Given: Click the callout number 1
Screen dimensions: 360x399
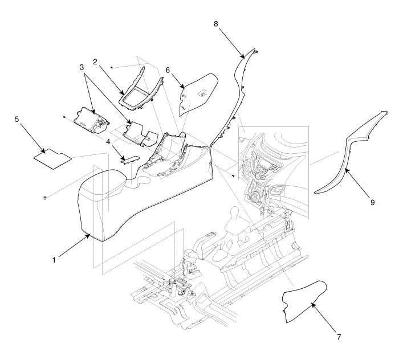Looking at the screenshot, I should click(54, 260).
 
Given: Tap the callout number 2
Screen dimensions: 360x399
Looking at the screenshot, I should click(96, 60).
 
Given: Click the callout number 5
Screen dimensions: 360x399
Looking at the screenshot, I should click(17, 120).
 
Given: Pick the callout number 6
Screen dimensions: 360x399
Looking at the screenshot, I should click(168, 69).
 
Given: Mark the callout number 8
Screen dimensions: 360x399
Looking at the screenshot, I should click(215, 23).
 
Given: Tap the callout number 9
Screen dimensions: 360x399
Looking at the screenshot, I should click(372, 202).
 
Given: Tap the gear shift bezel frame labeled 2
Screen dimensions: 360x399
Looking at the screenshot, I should click(140, 91).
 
